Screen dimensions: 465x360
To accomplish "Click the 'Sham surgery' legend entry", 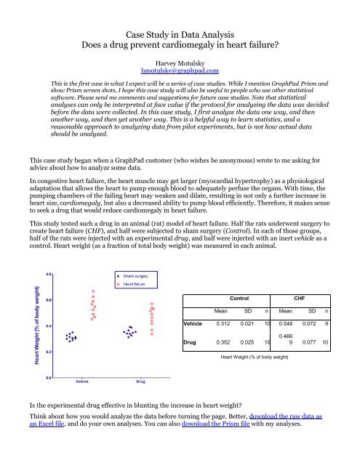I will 135,277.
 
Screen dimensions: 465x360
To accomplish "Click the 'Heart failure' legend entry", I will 135,285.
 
